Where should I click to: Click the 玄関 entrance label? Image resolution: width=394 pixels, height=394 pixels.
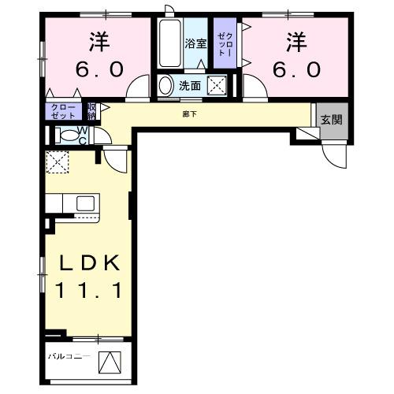[331, 120]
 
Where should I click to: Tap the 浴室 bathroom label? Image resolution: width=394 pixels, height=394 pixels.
[195, 44]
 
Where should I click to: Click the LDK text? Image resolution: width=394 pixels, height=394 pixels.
[87, 263]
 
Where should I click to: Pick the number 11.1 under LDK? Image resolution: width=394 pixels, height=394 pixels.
[87, 291]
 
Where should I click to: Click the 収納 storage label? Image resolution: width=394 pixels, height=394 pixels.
[92, 110]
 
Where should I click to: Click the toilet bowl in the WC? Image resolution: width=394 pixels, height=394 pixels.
[66, 134]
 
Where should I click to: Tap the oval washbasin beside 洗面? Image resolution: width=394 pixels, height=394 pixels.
[166, 84]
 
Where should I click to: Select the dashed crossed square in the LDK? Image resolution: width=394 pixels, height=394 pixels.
[57, 164]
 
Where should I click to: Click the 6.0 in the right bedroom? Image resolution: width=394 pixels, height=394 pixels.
[297, 69]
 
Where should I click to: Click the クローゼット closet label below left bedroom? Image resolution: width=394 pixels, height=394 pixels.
[64, 110]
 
